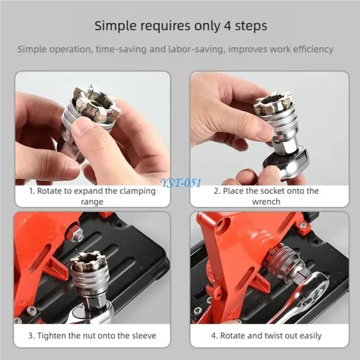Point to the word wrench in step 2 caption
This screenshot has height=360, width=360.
(x=265, y=202)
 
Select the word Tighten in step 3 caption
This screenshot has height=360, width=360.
(x=53, y=336)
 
